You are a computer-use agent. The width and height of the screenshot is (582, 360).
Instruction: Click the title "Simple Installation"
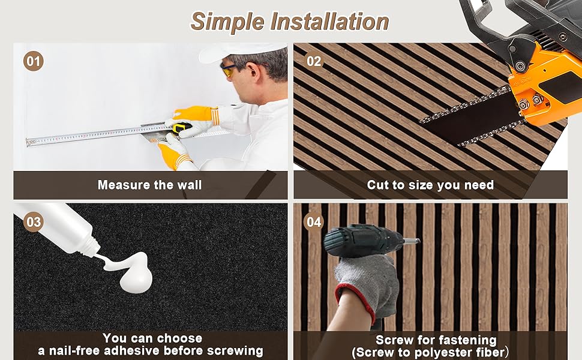tap(290, 21)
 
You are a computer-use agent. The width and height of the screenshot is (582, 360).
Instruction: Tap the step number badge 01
tap(34, 61)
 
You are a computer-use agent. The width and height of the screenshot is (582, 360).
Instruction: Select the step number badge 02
tap(314, 61)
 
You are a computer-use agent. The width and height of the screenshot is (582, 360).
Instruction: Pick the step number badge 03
tap(34, 222)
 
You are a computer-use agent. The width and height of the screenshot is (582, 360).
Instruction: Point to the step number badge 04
tap(314, 222)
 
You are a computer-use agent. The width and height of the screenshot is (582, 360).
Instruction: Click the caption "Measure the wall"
tap(149, 185)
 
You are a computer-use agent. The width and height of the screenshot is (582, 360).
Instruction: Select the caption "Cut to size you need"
tap(430, 185)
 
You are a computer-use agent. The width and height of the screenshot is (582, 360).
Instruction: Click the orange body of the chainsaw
tap(544, 80)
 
